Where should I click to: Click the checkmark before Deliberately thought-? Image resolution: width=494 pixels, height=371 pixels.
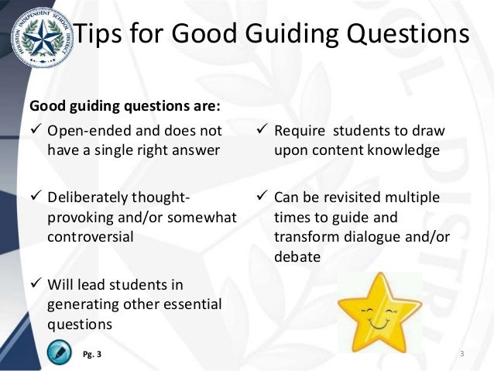[x=35, y=198]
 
